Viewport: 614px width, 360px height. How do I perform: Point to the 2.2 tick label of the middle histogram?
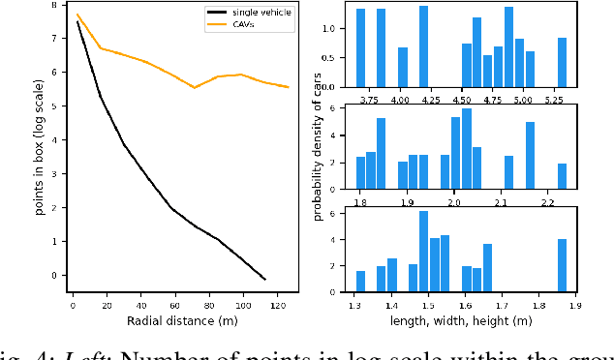[547, 202]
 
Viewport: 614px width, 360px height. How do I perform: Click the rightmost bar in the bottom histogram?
[562, 266]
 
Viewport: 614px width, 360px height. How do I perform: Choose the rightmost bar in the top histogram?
[562, 62]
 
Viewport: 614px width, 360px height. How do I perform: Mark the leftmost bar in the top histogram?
[360, 48]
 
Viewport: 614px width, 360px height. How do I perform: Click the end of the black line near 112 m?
[264, 279]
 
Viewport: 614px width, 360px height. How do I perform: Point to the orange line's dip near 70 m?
[195, 87]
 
